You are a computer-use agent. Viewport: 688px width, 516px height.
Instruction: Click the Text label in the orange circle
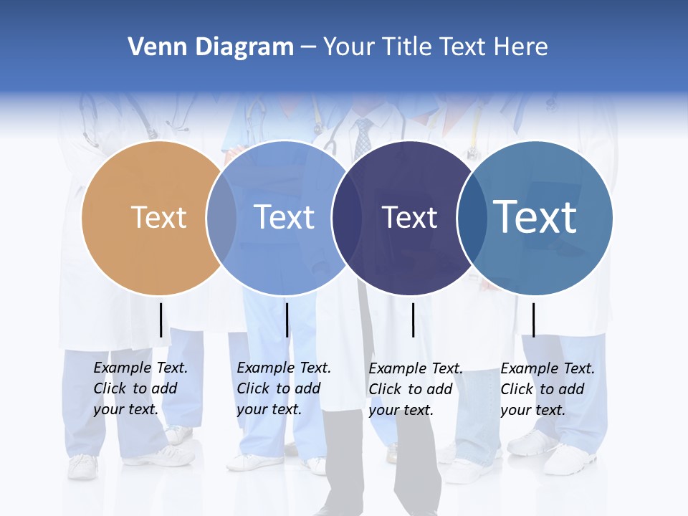pos(158,217)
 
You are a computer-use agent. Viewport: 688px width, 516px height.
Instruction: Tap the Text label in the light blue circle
pos(284,217)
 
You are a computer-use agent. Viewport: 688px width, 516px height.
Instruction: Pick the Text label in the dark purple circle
pos(409,217)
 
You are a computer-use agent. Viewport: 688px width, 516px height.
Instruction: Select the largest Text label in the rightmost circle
pos(535,217)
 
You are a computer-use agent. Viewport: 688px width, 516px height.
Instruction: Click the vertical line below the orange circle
pos(161,320)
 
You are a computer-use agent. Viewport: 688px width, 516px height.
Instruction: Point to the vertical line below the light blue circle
pos(287,320)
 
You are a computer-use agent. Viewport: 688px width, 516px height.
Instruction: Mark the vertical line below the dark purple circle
pos(413,320)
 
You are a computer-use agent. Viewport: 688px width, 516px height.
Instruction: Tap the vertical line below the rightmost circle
pos(533,320)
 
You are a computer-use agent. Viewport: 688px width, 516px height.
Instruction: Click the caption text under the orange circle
pos(140,388)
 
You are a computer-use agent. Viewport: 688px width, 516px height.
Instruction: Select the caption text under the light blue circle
pos(283,388)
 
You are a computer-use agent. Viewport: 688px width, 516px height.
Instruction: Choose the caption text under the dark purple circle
pos(415,389)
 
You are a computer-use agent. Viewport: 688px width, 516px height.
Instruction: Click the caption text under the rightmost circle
pos(547,389)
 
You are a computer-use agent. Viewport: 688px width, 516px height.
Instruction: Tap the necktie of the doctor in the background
pos(363,138)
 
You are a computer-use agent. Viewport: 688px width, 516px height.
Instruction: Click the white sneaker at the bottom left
pos(83,467)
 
